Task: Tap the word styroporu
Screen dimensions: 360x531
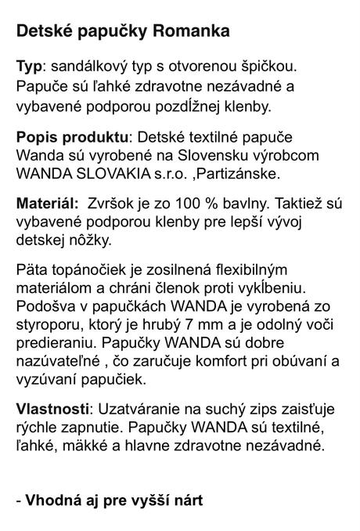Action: point(49,326)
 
